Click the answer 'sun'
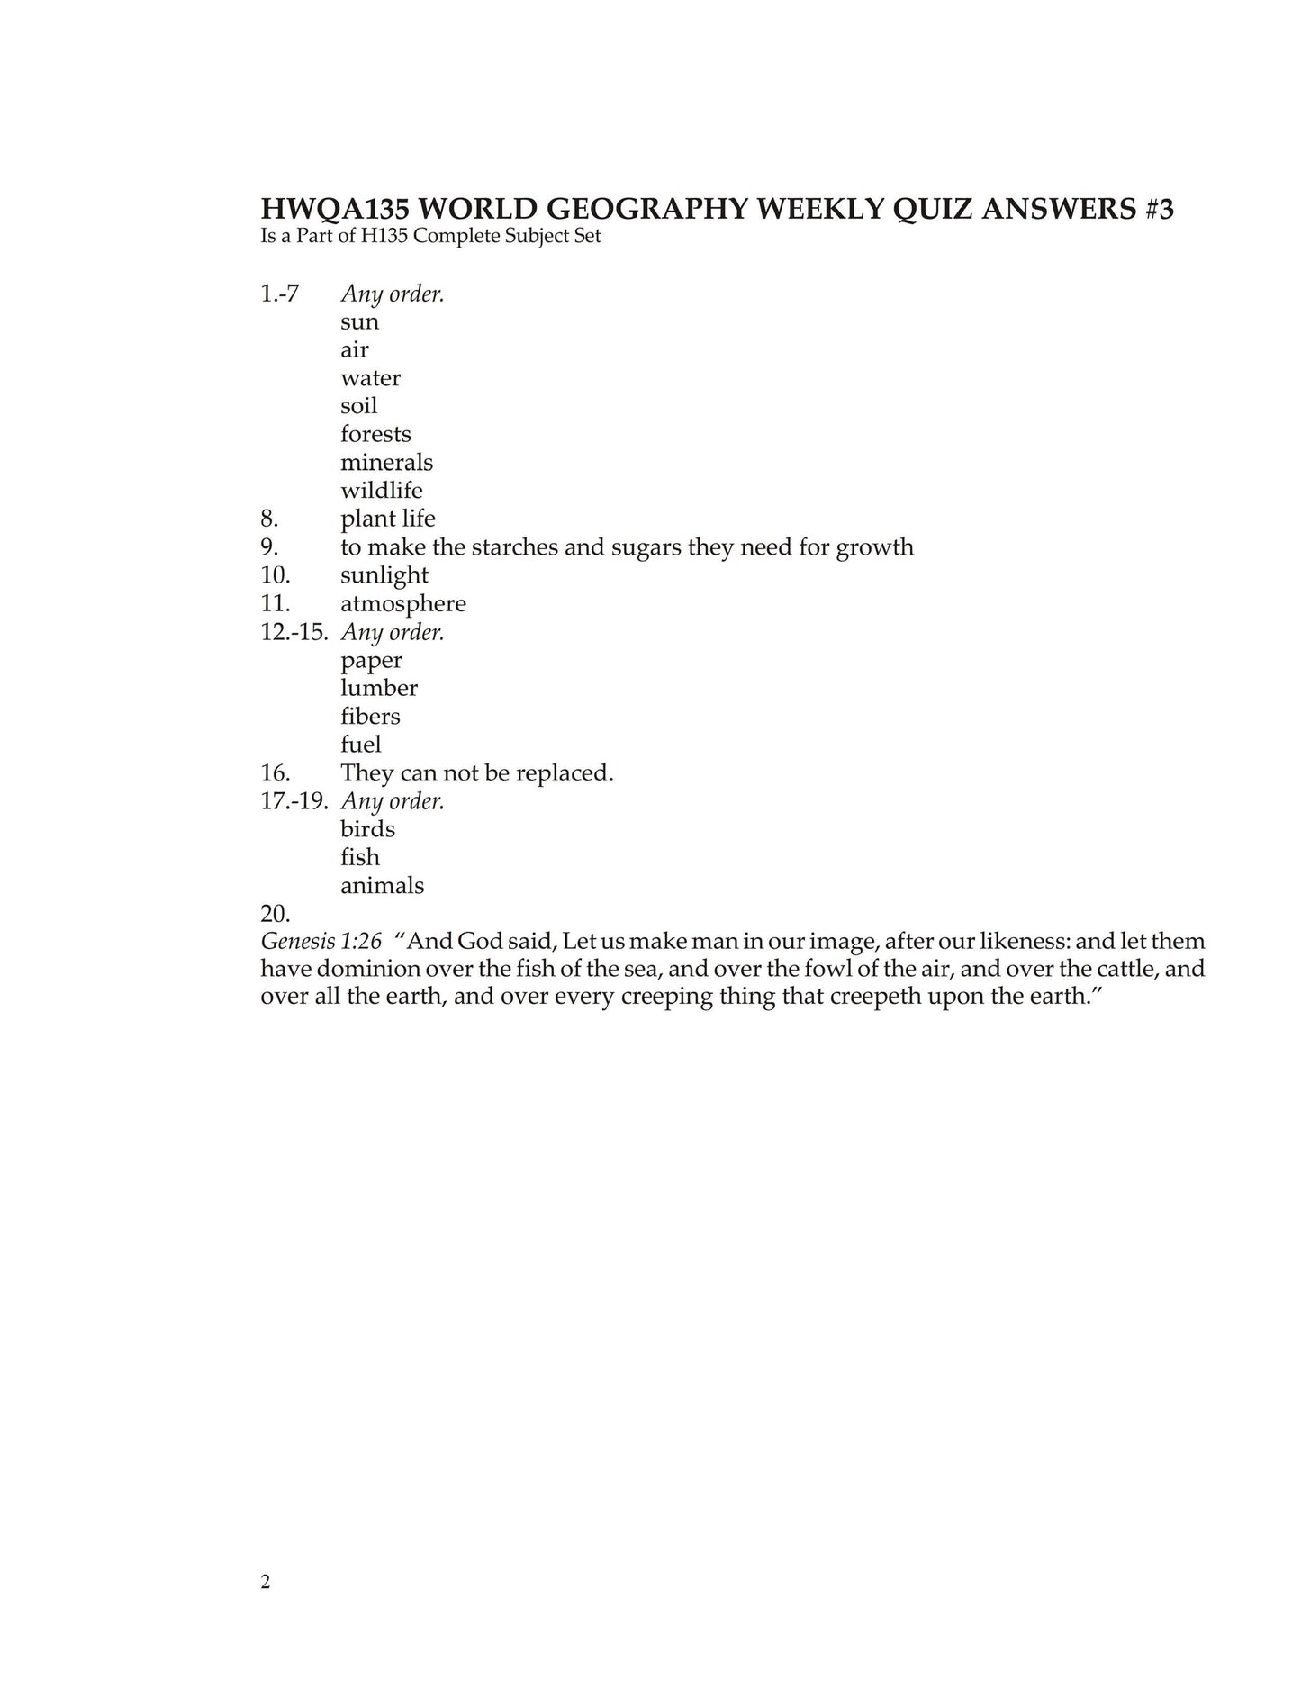(359, 322)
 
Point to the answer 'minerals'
(386, 463)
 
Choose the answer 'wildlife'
(381, 491)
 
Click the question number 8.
(269, 519)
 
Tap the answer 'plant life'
(387, 519)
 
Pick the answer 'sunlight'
(384, 575)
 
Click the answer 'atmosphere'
(403, 603)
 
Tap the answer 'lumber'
(379, 688)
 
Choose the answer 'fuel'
(360, 745)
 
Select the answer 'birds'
(367, 829)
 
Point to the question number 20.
(275, 914)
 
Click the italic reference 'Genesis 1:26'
(321, 942)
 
